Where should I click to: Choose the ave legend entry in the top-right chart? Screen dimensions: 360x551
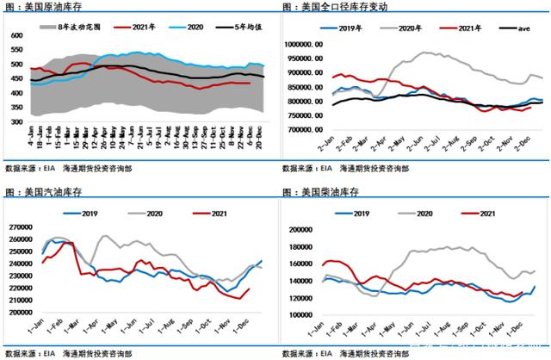coord(511,28)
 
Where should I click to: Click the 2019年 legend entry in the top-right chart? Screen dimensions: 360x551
coord(348,28)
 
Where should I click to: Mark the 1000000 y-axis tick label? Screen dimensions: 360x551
coord(308,44)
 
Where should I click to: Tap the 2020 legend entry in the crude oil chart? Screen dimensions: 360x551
coord(195,28)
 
